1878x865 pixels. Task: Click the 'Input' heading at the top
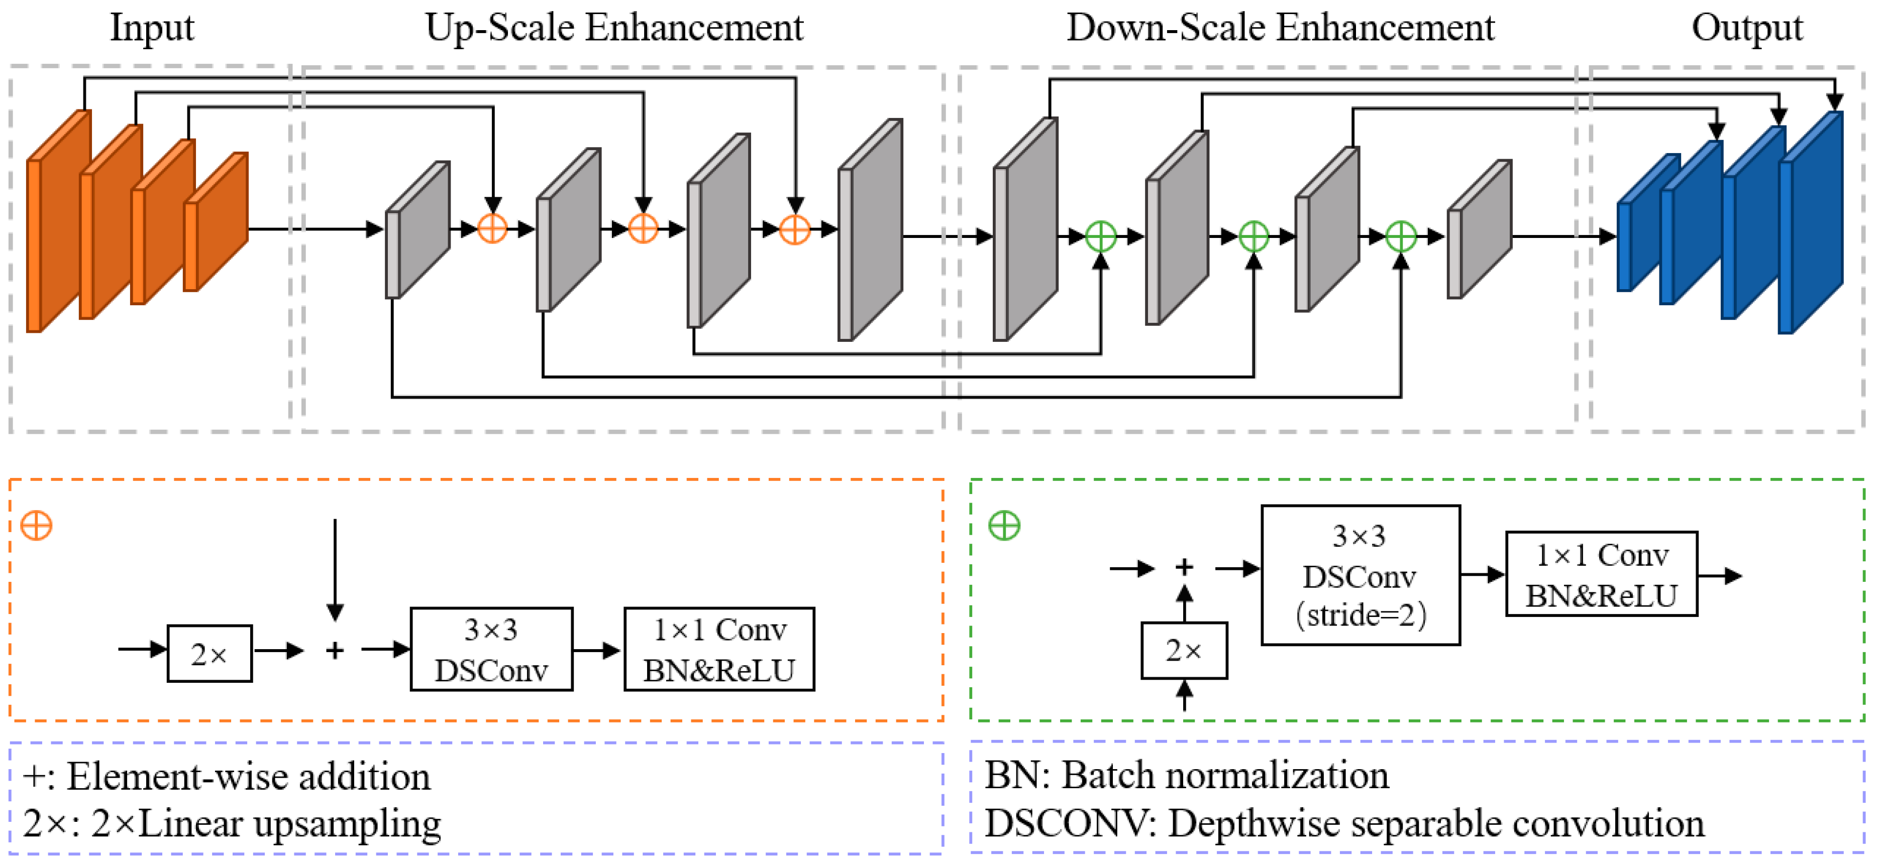coord(152,28)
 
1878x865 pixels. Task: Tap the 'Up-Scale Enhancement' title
coord(614,28)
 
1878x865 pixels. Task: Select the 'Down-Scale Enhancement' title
coord(1280,28)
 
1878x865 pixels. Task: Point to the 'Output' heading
coord(1747,28)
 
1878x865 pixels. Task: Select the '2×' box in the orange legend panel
coord(209,654)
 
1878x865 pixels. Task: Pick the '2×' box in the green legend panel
coord(1184,651)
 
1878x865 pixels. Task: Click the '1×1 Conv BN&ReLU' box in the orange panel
coord(719,649)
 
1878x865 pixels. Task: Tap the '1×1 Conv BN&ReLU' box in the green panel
coord(1601,574)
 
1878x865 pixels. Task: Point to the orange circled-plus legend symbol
coord(37,526)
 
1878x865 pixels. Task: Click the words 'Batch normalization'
coord(1225,775)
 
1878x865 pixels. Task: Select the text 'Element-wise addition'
coord(248,777)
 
